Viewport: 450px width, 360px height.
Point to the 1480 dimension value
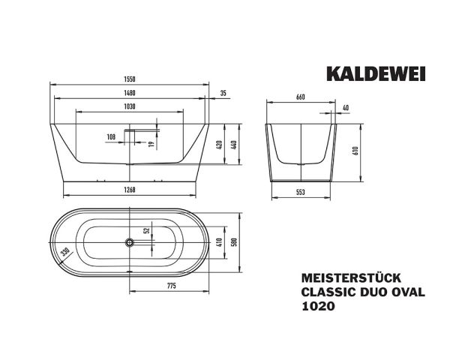pos(129,93)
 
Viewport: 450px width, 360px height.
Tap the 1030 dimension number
pos(129,106)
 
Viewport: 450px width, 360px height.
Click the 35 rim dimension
pos(223,93)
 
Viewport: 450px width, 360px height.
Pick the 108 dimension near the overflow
pos(112,136)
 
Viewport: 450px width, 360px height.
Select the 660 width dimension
pos(301,97)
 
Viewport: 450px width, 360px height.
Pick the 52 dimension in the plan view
pos(147,232)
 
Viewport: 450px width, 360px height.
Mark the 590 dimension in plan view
pos(234,242)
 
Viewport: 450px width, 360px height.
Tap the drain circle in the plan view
pos(130,242)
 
